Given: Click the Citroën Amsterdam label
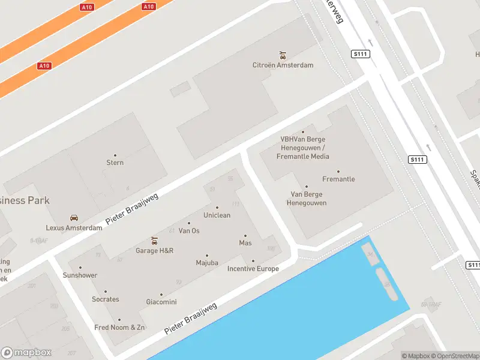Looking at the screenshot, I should coord(283,65).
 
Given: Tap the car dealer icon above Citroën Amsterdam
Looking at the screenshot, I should coord(283,55).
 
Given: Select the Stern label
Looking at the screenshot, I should coord(115,163).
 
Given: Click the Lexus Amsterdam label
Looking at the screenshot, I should coord(74,228).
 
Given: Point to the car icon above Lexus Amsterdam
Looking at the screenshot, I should coord(74,218).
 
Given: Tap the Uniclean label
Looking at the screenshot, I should coord(217,215).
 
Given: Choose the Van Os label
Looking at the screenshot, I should coord(189,231).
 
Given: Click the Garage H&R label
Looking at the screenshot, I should coord(154,251).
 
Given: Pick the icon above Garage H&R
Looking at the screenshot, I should coord(154,241).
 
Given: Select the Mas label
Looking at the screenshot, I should coord(245,243).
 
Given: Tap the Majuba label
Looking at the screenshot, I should coord(207,263).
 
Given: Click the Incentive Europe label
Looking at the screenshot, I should coord(253,269).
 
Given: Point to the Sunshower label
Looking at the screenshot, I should coord(80,275).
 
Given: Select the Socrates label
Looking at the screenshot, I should coord(106,299).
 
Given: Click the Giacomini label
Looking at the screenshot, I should coord(161,302).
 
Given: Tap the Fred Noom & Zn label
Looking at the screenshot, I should coord(119,328).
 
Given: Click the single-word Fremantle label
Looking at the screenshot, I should coord(338,179).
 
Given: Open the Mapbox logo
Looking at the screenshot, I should coord(26,353).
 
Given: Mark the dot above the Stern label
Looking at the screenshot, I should coord(115,155).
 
